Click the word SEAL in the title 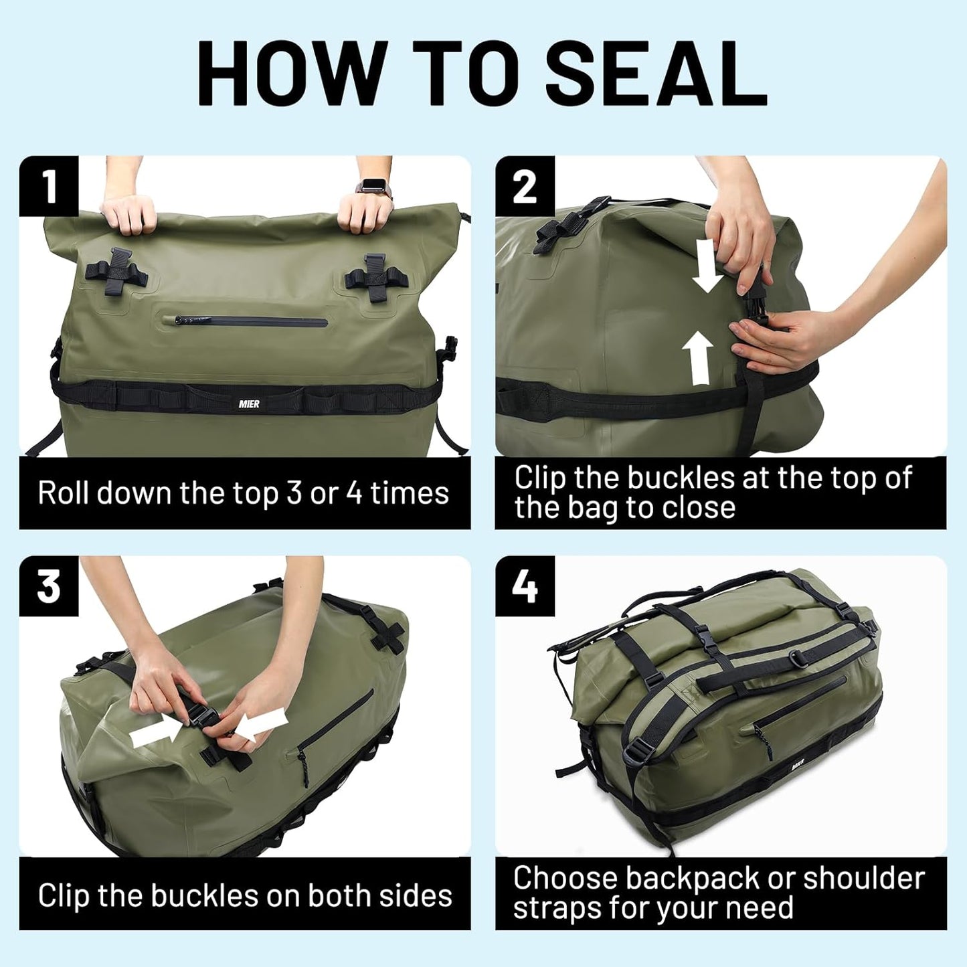tap(656, 73)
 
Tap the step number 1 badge tap(49, 186)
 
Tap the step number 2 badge tap(525, 186)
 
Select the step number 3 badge tap(49, 586)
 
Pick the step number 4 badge tap(525, 586)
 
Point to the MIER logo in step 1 tap(249, 404)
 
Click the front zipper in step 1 tap(252, 322)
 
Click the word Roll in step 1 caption tap(64, 493)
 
